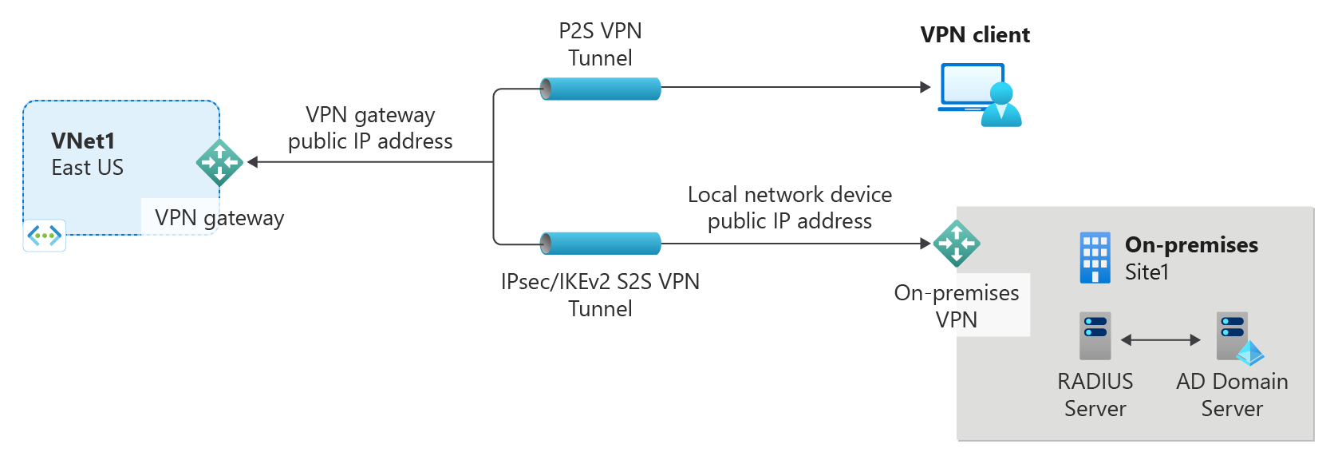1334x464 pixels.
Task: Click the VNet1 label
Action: pyautogui.click(x=83, y=141)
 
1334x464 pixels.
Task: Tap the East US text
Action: pyautogui.click(x=87, y=168)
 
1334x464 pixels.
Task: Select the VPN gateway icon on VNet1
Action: pyautogui.click(x=219, y=163)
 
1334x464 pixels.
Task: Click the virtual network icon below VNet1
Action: pyautogui.click(x=45, y=236)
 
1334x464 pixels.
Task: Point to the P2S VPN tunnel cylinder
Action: pyautogui.click(x=601, y=89)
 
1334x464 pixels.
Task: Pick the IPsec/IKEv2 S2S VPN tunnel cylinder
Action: pyautogui.click(x=601, y=244)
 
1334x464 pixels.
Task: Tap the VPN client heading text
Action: pyautogui.click(x=974, y=35)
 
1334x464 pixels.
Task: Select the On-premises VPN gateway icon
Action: pyautogui.click(x=956, y=244)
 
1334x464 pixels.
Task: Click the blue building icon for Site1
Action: pyautogui.click(x=1094, y=258)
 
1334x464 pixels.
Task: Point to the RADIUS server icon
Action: pyautogui.click(x=1095, y=336)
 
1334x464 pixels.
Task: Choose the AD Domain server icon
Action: pyautogui.click(x=1235, y=336)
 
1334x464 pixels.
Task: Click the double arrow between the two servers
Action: pyautogui.click(x=1161, y=340)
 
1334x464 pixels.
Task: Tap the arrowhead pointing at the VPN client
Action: pyautogui.click(x=926, y=87)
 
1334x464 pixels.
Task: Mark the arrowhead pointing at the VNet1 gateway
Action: pyautogui.click(x=253, y=162)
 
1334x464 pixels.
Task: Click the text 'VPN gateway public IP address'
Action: pyautogui.click(x=370, y=128)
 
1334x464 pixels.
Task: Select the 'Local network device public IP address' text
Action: pyautogui.click(x=790, y=208)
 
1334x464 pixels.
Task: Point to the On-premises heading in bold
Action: pyautogui.click(x=1191, y=245)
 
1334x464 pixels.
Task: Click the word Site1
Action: pyautogui.click(x=1147, y=272)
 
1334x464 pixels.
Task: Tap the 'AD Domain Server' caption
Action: pyautogui.click(x=1232, y=395)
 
